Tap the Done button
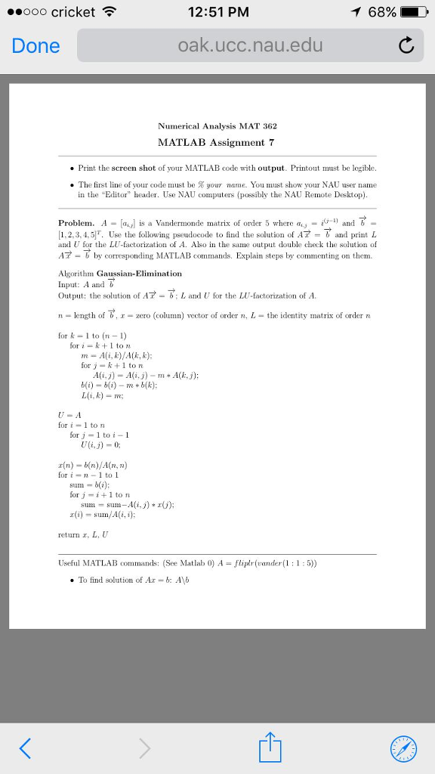pyautogui.click(x=35, y=46)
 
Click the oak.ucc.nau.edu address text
pyautogui.click(x=250, y=45)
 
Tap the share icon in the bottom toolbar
pyautogui.click(x=272, y=747)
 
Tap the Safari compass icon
pyautogui.click(x=403, y=748)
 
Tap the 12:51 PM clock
pyautogui.click(x=217, y=12)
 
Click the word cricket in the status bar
pyautogui.click(x=73, y=12)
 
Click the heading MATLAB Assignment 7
pyautogui.click(x=216, y=142)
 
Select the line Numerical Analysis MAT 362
pyautogui.click(x=217, y=125)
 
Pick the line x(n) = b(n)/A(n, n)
pyautogui.click(x=93, y=464)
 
